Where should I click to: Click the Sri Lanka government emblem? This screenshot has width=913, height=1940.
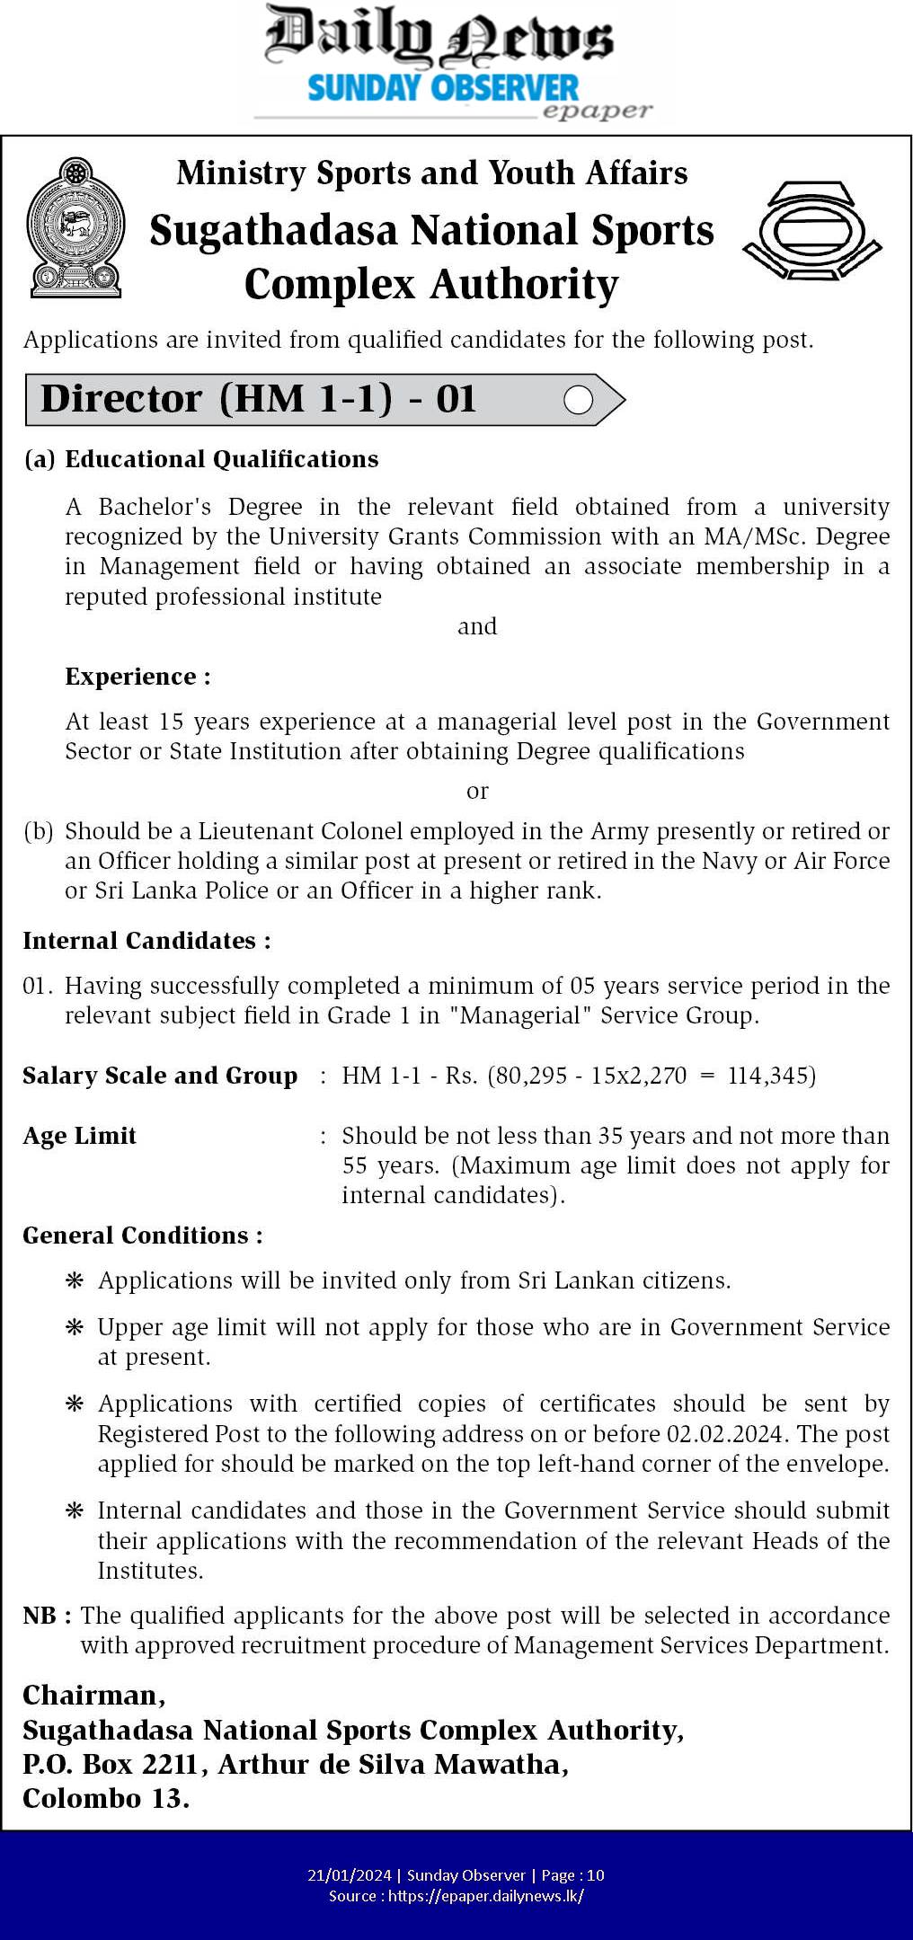(x=75, y=227)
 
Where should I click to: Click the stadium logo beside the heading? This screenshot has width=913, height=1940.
(x=812, y=230)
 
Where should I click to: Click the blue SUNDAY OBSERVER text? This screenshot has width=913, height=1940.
(x=443, y=89)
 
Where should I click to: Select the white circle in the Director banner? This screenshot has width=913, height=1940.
(x=578, y=400)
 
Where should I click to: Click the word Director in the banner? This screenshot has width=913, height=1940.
(x=121, y=399)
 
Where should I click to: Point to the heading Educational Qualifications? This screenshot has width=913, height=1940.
(x=221, y=459)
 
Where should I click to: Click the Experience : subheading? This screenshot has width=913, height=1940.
(x=137, y=677)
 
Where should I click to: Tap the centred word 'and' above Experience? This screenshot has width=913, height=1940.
(x=477, y=626)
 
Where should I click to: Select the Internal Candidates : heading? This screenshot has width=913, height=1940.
(x=146, y=941)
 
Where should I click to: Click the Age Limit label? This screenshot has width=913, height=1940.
(x=79, y=1136)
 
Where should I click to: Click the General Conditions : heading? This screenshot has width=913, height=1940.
(x=143, y=1236)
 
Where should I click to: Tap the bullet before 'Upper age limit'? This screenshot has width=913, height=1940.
(x=75, y=1328)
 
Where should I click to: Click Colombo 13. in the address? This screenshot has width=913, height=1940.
(x=106, y=1798)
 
